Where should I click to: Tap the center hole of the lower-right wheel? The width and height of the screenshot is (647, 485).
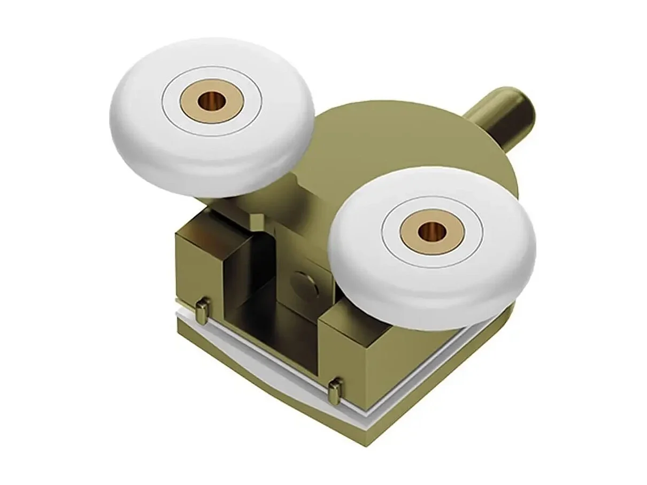pos(430,232)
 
